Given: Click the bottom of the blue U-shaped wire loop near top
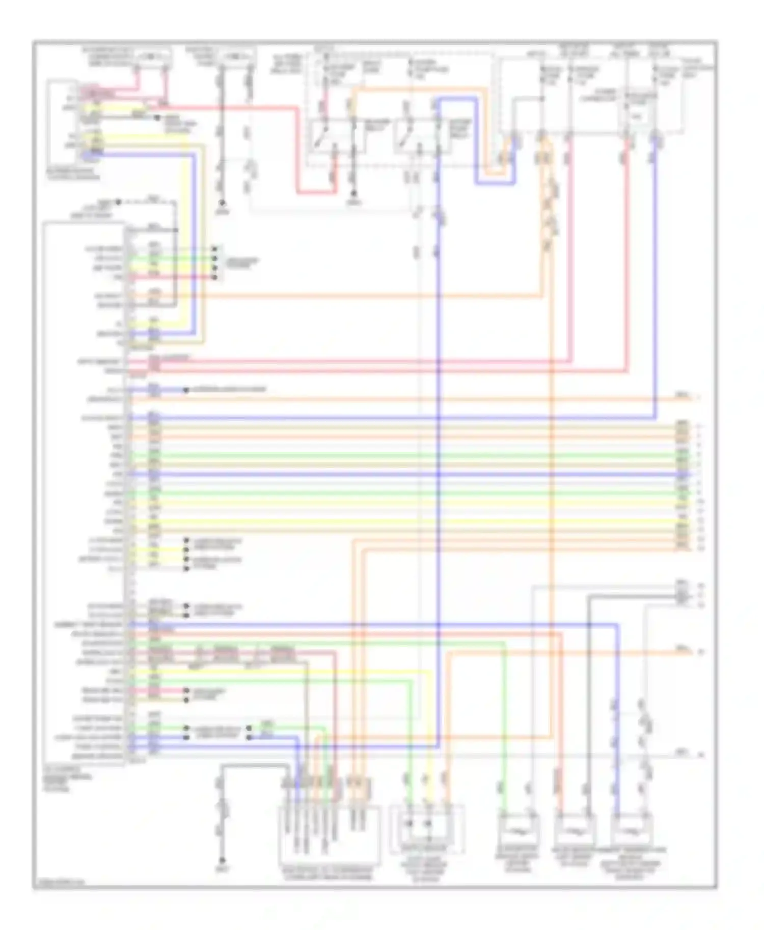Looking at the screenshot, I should tap(495, 183).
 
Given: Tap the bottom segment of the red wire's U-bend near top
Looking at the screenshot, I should tap(316, 193).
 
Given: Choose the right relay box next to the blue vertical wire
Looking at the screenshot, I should tap(422, 136).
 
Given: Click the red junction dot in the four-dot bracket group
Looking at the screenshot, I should tap(214, 277).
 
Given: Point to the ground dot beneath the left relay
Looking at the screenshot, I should tap(354, 194).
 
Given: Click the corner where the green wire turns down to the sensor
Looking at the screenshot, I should tap(504, 644).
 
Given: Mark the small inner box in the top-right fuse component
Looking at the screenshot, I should tap(636, 116).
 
